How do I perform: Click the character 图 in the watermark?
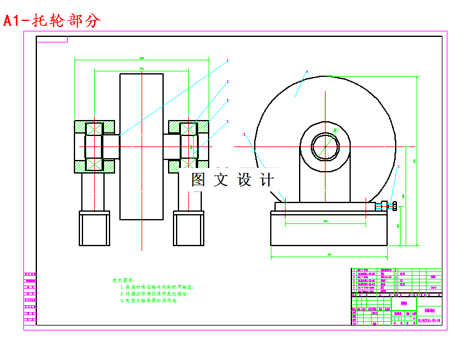click(198, 180)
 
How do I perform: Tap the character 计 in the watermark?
click(267, 180)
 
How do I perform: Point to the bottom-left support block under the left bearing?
click(94, 228)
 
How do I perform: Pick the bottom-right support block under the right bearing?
click(188, 228)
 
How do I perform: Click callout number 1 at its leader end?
click(227, 61)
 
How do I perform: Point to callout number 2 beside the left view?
click(227, 81)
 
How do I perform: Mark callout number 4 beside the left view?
click(227, 121)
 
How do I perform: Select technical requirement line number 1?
click(157, 287)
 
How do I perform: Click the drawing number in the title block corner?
click(429, 320)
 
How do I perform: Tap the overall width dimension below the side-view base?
click(329, 254)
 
